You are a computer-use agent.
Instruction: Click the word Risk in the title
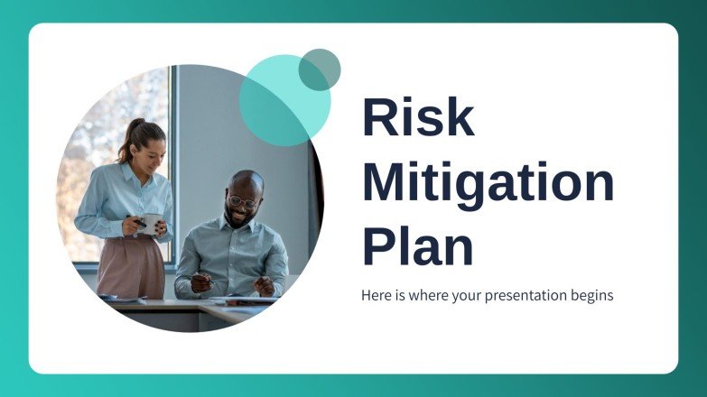(x=418, y=117)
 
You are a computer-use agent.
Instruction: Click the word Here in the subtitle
(x=376, y=295)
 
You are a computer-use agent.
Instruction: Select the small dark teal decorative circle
(x=320, y=69)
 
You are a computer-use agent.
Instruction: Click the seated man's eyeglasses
(x=241, y=200)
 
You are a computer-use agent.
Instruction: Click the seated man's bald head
(x=245, y=181)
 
